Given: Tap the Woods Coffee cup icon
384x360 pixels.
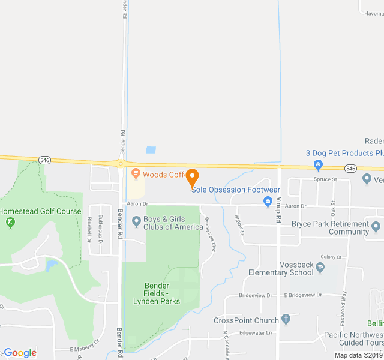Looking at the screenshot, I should [x=136, y=175].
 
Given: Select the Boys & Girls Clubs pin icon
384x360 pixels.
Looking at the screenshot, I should [x=136, y=223].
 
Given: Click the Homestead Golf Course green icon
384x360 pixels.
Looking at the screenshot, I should [x=10, y=223].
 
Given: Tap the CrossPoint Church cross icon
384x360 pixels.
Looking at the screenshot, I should [x=286, y=320].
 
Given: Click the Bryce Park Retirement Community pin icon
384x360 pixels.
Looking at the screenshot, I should [x=376, y=227].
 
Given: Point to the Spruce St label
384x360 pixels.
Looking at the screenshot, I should [x=326, y=179].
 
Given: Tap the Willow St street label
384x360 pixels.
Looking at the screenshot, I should [x=239, y=225].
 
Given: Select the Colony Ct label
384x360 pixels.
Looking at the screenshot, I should [x=331, y=257].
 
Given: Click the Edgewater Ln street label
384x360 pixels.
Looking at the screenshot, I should [x=256, y=333].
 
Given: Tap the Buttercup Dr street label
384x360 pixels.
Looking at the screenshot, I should [x=100, y=229].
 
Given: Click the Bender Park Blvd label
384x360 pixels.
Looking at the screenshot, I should [x=209, y=235].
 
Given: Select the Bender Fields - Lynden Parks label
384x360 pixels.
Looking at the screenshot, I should [x=162, y=293].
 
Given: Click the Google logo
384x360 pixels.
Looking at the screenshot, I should [x=20, y=353].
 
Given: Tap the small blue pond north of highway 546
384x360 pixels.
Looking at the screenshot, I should [x=151, y=149].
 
